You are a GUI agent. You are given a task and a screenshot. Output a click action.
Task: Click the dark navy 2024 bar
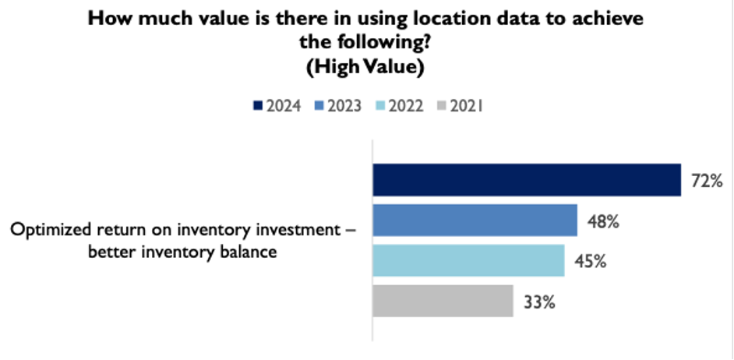(527, 180)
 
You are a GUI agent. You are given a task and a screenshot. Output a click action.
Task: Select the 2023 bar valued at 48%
(475, 220)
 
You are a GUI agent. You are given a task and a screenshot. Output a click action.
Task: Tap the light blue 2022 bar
(468, 260)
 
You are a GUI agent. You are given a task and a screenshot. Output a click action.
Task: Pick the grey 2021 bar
(443, 301)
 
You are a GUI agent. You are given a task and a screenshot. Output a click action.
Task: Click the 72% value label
(708, 182)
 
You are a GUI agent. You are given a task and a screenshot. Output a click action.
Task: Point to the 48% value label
(603, 221)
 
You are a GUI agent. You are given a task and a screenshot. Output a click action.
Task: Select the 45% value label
(591, 262)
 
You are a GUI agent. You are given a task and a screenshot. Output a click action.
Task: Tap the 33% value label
(539, 302)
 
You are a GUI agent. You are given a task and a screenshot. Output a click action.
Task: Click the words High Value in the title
(367, 68)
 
